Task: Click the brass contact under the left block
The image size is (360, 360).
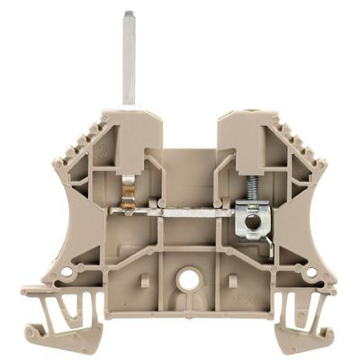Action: click(128, 198)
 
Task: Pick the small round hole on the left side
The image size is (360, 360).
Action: click(65, 272)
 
